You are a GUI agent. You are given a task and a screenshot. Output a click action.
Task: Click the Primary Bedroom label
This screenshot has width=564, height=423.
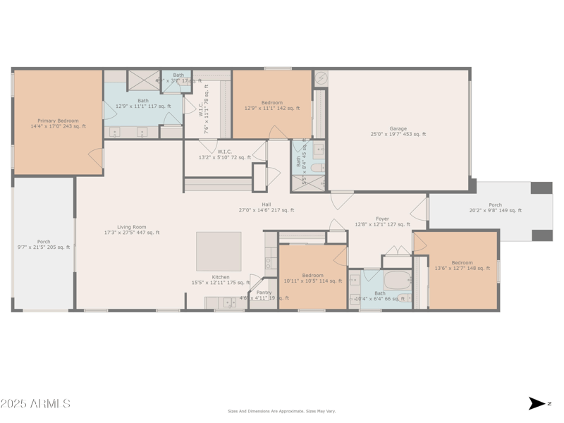point(58,123)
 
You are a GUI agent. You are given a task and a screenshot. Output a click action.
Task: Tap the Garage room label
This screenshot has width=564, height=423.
point(398,131)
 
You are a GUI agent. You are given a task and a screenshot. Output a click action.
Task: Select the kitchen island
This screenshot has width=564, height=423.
point(219,252)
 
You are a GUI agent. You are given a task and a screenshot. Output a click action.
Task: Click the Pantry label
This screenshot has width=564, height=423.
point(264,295)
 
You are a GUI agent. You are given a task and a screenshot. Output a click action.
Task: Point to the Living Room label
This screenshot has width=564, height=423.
point(132,229)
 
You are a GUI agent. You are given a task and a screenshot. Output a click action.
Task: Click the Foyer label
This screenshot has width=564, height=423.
point(382,221)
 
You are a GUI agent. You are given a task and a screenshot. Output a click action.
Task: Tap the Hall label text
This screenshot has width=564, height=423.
point(266,207)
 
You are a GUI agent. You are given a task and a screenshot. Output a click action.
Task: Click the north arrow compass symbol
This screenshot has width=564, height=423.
point(537,403)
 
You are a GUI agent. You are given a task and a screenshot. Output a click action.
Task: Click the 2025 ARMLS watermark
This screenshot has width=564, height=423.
point(35,403)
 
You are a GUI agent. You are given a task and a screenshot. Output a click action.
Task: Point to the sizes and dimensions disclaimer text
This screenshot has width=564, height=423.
point(281,411)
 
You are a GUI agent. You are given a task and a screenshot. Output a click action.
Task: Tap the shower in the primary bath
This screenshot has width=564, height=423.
point(143,80)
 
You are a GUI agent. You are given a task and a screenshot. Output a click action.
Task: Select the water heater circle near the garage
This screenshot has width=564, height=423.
point(321,78)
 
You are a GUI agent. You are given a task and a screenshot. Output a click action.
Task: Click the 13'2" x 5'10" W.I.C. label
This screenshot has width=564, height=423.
point(225,154)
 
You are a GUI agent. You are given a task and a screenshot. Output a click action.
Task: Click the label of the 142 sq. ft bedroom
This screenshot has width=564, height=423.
point(272,106)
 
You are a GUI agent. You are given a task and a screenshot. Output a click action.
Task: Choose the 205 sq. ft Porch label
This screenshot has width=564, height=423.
point(44,244)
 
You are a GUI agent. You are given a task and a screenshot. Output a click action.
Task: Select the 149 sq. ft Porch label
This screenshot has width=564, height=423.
point(496,207)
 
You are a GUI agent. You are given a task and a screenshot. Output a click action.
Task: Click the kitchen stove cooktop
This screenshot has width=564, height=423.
point(271,262)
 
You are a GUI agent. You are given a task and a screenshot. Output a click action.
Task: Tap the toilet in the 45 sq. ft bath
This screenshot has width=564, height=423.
point(317,167)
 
